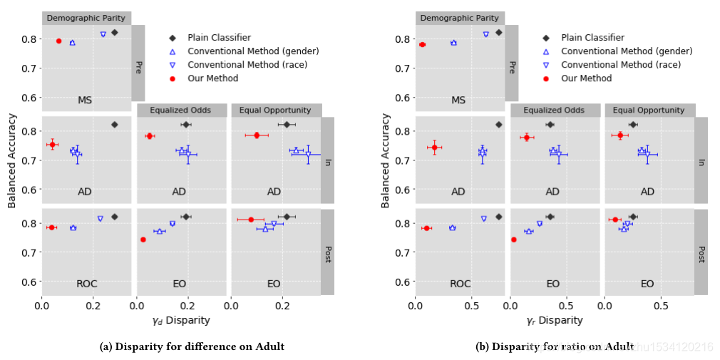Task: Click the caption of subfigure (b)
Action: coord(555,347)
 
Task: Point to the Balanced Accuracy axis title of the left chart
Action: coord(12,160)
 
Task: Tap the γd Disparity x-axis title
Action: coord(181,321)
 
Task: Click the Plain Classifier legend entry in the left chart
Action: coord(219,37)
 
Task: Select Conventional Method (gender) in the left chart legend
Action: coord(253,51)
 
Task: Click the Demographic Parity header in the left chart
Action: coord(86,18)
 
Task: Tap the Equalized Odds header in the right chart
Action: coord(554,110)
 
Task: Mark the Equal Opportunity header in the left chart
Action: coord(275,110)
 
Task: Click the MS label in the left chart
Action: coord(85,101)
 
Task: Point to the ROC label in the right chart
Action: coord(460,284)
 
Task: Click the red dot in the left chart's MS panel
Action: coord(58,41)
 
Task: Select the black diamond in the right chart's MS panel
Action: coord(498,33)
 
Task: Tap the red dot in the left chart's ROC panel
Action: coord(51,227)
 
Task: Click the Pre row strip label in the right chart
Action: coord(511,68)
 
